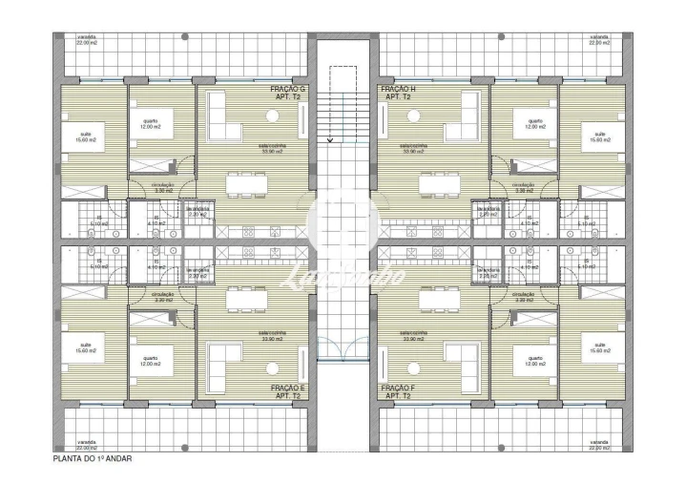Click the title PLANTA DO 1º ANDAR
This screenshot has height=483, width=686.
93,459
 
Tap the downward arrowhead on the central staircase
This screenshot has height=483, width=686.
330,140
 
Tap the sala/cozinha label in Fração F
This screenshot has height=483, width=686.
415,335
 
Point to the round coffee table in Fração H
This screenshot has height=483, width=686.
413,116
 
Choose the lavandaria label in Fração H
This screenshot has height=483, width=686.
489,215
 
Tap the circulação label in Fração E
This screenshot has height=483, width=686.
163,297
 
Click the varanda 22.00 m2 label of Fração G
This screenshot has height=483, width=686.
88,41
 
